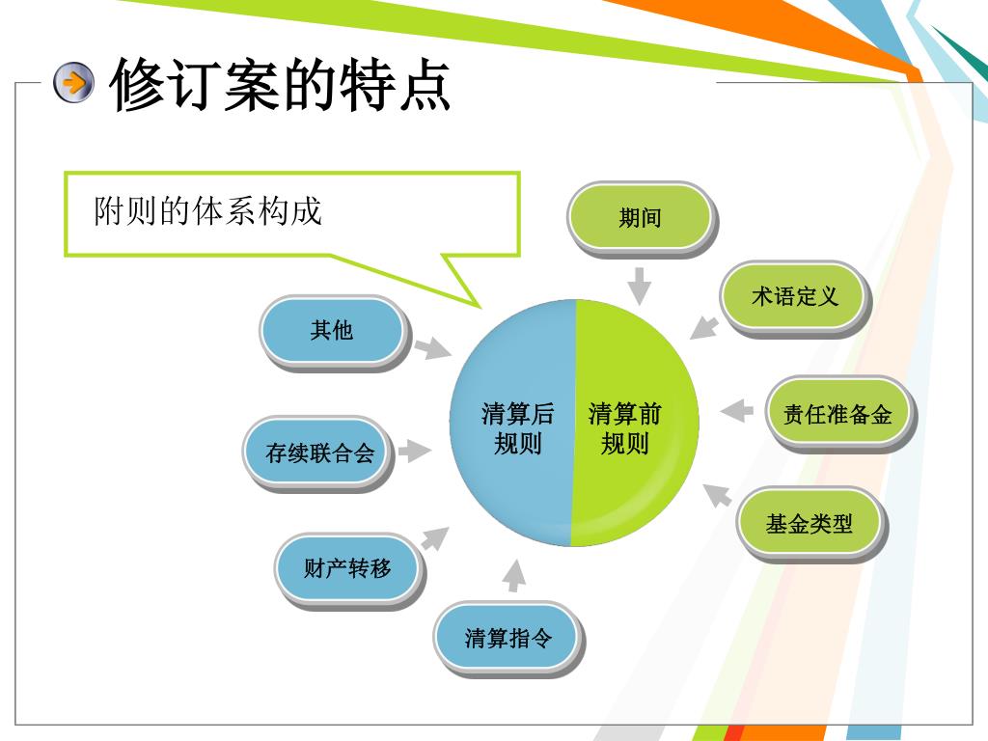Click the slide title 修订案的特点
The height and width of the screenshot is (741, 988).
pyautogui.click(x=280, y=85)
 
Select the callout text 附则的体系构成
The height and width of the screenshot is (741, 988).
pyautogui.click(x=207, y=210)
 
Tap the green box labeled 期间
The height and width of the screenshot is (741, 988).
pyautogui.click(x=640, y=217)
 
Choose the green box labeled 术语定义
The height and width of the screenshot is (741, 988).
pyautogui.click(x=794, y=297)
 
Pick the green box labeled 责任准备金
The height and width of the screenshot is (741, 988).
pyautogui.click(x=837, y=415)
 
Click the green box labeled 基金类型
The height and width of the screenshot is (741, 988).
pyautogui.click(x=809, y=524)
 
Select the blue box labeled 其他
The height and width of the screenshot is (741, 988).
pyautogui.click(x=331, y=331)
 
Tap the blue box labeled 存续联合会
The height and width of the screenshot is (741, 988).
pyautogui.click(x=318, y=452)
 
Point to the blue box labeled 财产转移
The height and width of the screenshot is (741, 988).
pyautogui.click(x=347, y=568)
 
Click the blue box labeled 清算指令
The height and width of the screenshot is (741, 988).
pyautogui.click(x=507, y=637)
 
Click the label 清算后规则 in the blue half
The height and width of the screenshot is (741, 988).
pyautogui.click(x=517, y=429)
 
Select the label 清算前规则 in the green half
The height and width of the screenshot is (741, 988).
pyautogui.click(x=624, y=429)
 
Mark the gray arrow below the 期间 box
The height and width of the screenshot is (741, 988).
pyautogui.click(x=639, y=285)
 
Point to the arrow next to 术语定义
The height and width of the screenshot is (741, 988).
pyautogui.click(x=704, y=327)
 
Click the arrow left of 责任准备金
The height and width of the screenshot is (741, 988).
pyautogui.click(x=736, y=411)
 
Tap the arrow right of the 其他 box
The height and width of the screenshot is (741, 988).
pyautogui.click(x=430, y=347)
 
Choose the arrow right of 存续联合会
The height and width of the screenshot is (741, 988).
pyautogui.click(x=414, y=450)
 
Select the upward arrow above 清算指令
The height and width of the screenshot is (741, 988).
pyautogui.click(x=515, y=576)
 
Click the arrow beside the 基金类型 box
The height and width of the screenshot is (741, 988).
pyautogui.click(x=717, y=494)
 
